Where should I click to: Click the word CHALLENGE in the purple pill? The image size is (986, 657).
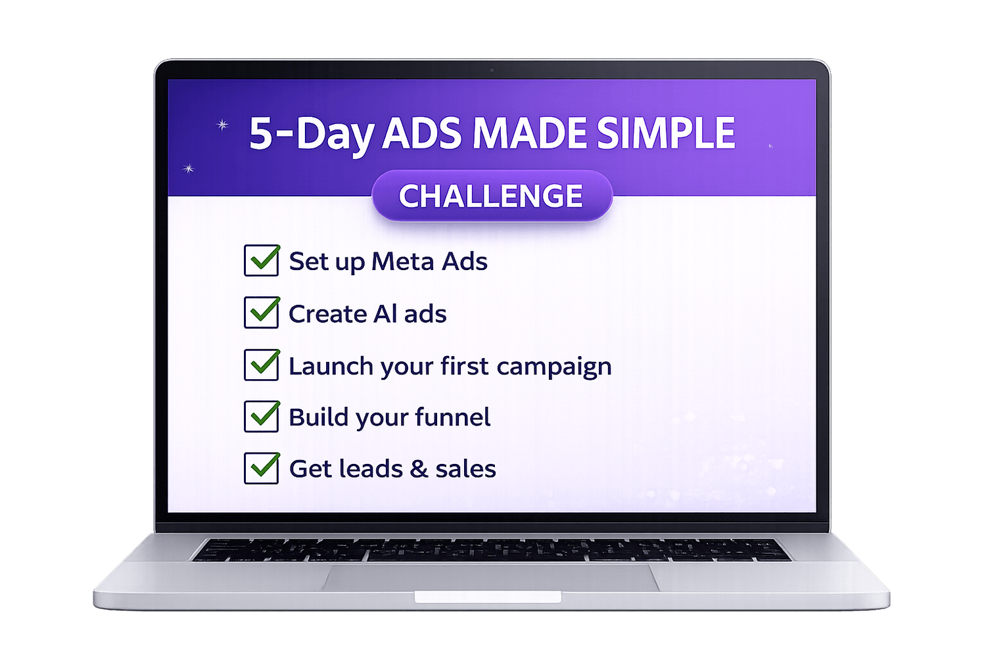point(491,196)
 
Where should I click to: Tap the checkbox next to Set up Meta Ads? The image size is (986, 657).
point(262,261)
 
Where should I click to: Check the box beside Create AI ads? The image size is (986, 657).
point(262,313)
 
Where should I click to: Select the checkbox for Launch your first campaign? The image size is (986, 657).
point(262,365)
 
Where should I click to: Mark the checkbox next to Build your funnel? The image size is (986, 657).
point(262,417)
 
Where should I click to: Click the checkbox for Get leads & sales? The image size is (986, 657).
point(262,468)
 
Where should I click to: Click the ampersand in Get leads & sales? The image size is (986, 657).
point(419,468)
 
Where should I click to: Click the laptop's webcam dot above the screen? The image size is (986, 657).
point(492,70)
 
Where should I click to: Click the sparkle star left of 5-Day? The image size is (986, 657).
point(223,125)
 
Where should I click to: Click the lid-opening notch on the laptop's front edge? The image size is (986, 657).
point(488,597)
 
